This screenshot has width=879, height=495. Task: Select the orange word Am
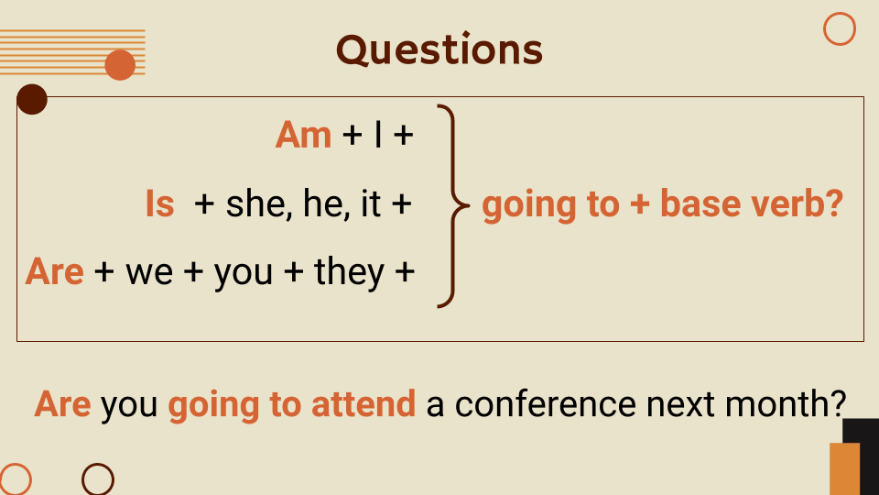coord(303,136)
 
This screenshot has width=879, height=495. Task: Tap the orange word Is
coord(159,203)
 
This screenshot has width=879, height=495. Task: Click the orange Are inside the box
coord(55,271)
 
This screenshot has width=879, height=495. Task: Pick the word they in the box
coord(349,272)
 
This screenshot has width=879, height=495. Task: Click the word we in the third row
coord(149,272)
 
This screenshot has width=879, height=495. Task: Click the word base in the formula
coord(698,204)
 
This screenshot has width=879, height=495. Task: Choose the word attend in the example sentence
coord(364,404)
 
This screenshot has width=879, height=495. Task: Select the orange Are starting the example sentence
coord(62,404)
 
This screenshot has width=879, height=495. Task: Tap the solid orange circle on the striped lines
coord(120,65)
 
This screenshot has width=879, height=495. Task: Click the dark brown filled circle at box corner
coord(32,99)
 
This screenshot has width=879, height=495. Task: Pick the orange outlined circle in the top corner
coord(839,29)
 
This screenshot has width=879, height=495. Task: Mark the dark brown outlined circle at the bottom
coord(98,479)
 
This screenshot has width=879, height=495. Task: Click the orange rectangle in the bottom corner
coord(844,468)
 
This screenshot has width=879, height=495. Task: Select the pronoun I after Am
coord(377,136)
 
